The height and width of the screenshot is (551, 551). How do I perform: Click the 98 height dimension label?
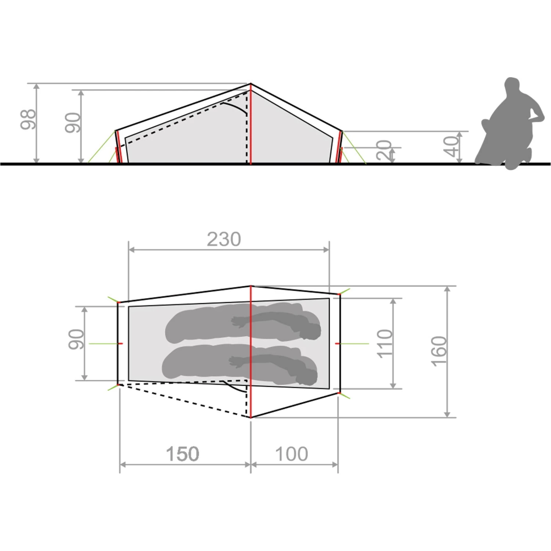coord(28,119)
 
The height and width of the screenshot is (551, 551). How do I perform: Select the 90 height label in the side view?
coord(73,123)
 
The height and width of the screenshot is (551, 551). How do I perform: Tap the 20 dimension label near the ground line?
coord(384,150)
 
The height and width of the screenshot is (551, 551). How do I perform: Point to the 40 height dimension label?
coord(451,147)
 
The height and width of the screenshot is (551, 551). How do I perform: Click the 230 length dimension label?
coord(224,239)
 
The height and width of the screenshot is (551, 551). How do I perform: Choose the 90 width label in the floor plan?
coord(76,339)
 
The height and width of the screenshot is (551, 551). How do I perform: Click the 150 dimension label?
coord(183,454)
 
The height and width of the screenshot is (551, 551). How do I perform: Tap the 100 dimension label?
coord(292,454)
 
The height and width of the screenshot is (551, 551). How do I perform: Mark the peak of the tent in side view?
coord(251,84)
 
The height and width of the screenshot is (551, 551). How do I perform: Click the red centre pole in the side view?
coord(251,125)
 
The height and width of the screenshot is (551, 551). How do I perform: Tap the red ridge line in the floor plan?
coord(251,349)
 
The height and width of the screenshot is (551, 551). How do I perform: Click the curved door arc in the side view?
coord(235,108)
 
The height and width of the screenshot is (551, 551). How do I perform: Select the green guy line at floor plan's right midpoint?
coord(354,343)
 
